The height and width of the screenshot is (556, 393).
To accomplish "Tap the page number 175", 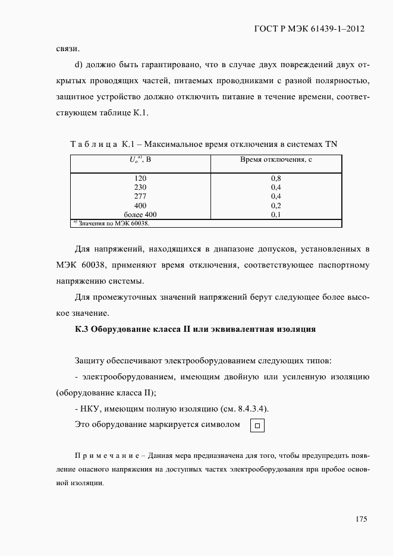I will (361, 519).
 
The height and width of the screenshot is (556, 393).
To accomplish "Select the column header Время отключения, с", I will (276, 160).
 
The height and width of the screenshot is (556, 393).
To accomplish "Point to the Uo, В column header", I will (140, 160).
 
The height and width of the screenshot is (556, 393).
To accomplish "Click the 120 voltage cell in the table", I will (140, 178).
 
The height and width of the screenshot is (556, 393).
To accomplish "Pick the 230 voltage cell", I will (140, 187).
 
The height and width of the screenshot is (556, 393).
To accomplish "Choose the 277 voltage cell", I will (140, 196).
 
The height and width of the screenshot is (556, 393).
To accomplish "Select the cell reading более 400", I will (140, 214).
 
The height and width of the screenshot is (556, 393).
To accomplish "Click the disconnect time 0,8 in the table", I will (276, 178).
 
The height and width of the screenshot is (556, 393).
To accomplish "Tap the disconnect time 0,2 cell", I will (276, 205).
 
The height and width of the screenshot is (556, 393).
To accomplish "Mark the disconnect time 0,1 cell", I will (276, 214).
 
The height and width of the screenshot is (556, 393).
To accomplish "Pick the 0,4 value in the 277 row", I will (276, 196).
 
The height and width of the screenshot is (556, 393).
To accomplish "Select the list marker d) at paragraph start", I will (79, 65).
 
